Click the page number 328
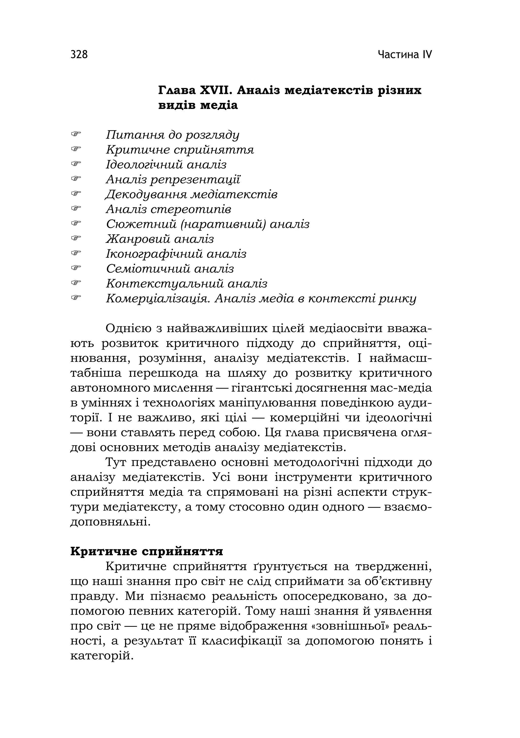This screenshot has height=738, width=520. tap(79, 55)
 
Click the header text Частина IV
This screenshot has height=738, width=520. tap(405, 55)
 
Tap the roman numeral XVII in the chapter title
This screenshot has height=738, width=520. tap(215, 91)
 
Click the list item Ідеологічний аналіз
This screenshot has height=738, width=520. tap(166, 165)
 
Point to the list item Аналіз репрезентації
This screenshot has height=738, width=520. tap(173, 179)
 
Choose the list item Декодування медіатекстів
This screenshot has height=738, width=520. tap(191, 195)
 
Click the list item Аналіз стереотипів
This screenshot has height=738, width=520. tap(168, 209)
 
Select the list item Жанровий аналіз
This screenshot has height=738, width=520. tap(160, 239)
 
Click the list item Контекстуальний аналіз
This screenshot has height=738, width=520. tap(186, 283)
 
